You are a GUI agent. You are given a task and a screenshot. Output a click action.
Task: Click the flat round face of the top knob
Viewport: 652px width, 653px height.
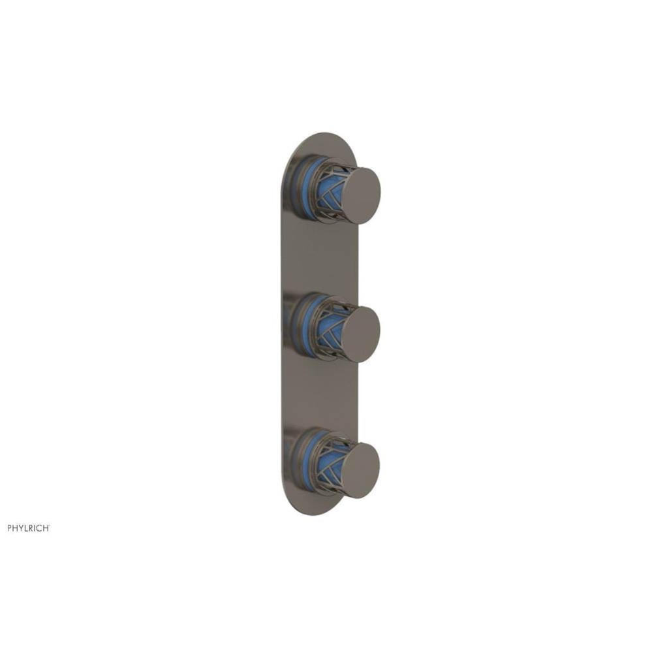point(361,195)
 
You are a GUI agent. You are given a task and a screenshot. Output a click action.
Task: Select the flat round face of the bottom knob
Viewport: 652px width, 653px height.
point(361,470)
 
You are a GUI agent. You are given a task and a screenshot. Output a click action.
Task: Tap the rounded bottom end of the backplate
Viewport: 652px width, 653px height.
point(313,506)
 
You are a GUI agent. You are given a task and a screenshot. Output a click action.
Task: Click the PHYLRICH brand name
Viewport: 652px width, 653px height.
point(28,528)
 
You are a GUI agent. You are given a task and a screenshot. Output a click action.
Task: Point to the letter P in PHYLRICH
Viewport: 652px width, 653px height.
point(10,528)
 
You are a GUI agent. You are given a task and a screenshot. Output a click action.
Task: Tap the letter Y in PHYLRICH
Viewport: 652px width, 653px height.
point(22,528)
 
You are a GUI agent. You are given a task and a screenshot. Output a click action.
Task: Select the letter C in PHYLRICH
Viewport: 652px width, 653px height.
point(40,528)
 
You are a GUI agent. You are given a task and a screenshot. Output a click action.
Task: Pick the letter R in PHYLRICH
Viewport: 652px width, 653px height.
point(33,528)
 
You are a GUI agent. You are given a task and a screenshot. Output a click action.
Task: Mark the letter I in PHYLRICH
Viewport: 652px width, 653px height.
point(37,528)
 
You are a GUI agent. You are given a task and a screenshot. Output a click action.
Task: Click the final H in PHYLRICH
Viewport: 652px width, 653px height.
point(46,528)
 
